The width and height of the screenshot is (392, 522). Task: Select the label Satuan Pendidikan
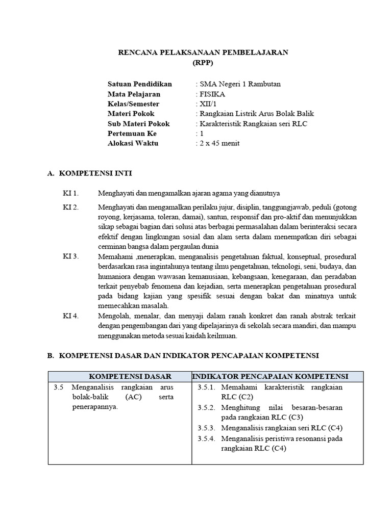[140, 84]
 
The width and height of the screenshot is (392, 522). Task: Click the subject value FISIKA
[211, 94]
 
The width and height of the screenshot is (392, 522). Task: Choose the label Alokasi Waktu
[133, 143]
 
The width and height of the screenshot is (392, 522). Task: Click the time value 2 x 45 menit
[218, 143]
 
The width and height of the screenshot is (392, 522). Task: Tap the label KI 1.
[71, 193]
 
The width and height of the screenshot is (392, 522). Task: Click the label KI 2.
[71, 207]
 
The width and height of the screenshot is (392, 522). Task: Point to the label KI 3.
[71, 256]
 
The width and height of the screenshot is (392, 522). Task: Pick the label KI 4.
[71, 316]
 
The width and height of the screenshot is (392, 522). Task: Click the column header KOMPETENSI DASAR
[130, 377]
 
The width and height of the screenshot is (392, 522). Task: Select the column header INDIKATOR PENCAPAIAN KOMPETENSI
[270, 377]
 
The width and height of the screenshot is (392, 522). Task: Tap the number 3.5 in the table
[58, 387]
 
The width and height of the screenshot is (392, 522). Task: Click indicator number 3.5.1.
[206, 387]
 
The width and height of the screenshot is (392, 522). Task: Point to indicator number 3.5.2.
[206, 408]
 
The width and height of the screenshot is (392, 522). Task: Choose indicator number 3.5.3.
[206, 428]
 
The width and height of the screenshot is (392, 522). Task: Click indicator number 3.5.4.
[206, 438]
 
